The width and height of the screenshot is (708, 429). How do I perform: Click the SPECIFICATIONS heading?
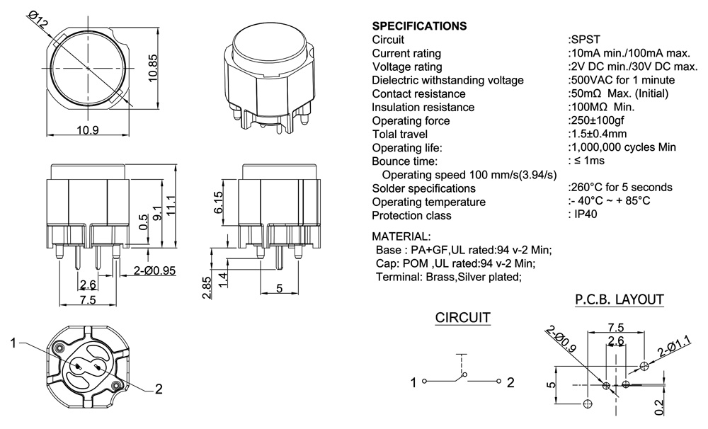419,26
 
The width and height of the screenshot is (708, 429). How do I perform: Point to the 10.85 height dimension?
152,69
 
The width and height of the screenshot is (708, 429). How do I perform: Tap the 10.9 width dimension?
88,130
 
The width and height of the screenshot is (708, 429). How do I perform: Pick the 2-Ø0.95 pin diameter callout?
154,270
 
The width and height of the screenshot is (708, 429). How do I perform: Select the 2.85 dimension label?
206,287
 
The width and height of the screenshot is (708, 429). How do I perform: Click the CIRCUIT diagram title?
462,318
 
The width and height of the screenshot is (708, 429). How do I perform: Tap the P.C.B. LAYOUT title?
619,299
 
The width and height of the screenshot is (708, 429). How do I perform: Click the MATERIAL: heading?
400,236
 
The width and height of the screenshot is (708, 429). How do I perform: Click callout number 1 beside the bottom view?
13,343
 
